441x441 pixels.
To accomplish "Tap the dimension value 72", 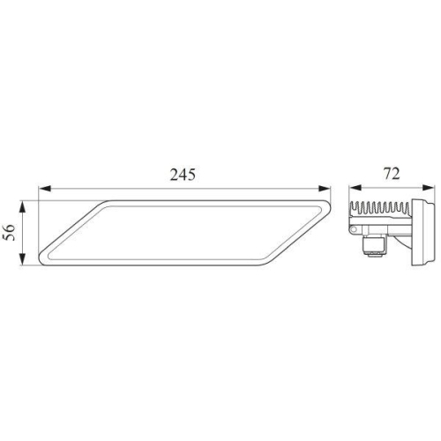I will click(392, 174).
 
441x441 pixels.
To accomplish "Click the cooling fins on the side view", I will click(379, 211).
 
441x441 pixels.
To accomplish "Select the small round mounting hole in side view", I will click(356, 231).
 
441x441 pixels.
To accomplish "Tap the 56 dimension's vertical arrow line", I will click(26, 233).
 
